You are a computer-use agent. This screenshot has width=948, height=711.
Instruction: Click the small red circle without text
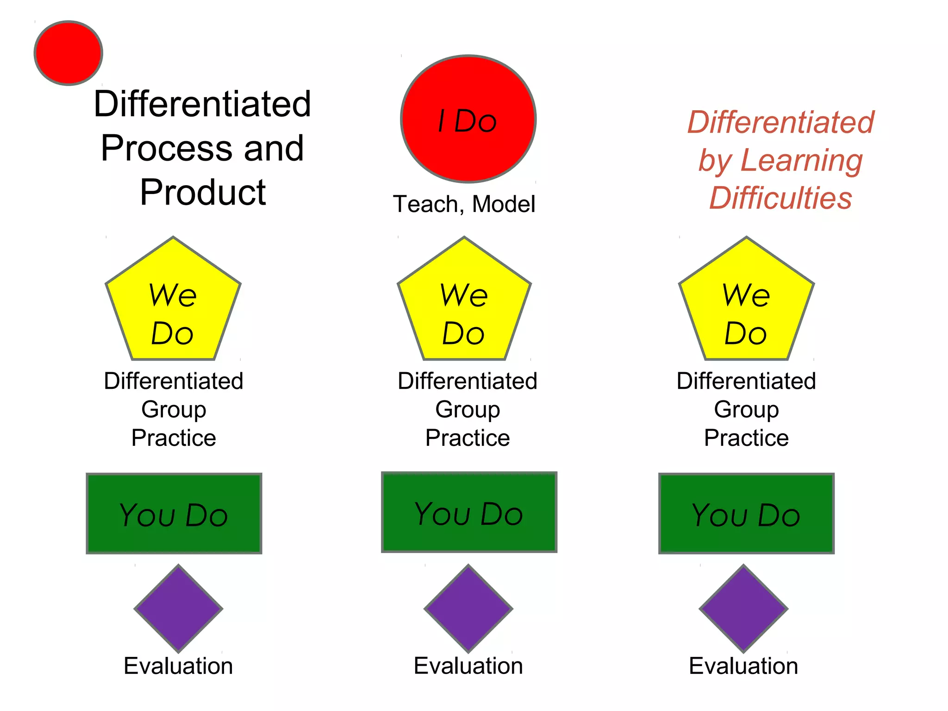click(69, 53)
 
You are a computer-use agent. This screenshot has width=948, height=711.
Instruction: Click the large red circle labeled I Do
click(468, 119)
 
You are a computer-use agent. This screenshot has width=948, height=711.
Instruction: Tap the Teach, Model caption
click(464, 204)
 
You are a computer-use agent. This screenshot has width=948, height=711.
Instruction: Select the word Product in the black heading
click(203, 192)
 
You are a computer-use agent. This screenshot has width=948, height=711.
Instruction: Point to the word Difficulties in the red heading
click(781, 198)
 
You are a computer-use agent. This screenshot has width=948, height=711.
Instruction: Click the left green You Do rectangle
click(174, 513)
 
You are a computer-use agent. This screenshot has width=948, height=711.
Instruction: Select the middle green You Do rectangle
click(469, 512)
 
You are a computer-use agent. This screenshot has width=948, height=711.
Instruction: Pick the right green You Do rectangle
click(746, 513)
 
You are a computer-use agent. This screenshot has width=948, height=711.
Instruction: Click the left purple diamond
click(179, 608)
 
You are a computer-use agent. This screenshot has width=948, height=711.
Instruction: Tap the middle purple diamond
click(468, 608)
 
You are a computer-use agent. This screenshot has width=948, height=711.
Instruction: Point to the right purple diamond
click(743, 608)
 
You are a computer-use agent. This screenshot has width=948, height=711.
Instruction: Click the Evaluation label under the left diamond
click(178, 666)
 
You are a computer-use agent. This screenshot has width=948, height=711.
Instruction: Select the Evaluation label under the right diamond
click(743, 666)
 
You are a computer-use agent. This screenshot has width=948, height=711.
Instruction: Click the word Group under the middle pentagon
click(468, 410)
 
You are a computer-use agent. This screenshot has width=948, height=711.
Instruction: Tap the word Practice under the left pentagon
click(174, 438)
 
